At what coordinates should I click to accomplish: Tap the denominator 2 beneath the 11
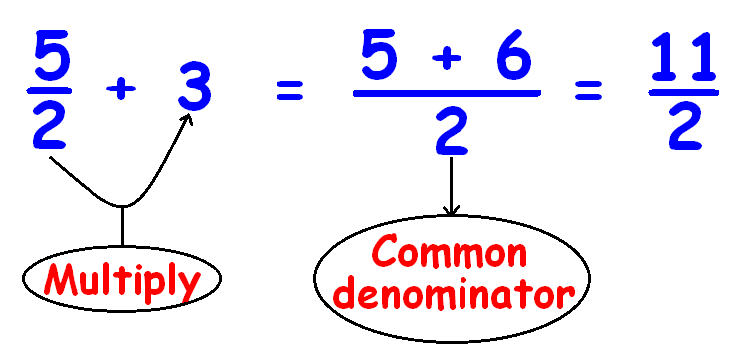[682, 127]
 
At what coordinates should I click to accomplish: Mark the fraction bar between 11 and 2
[682, 93]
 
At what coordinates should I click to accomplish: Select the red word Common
[449, 256]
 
